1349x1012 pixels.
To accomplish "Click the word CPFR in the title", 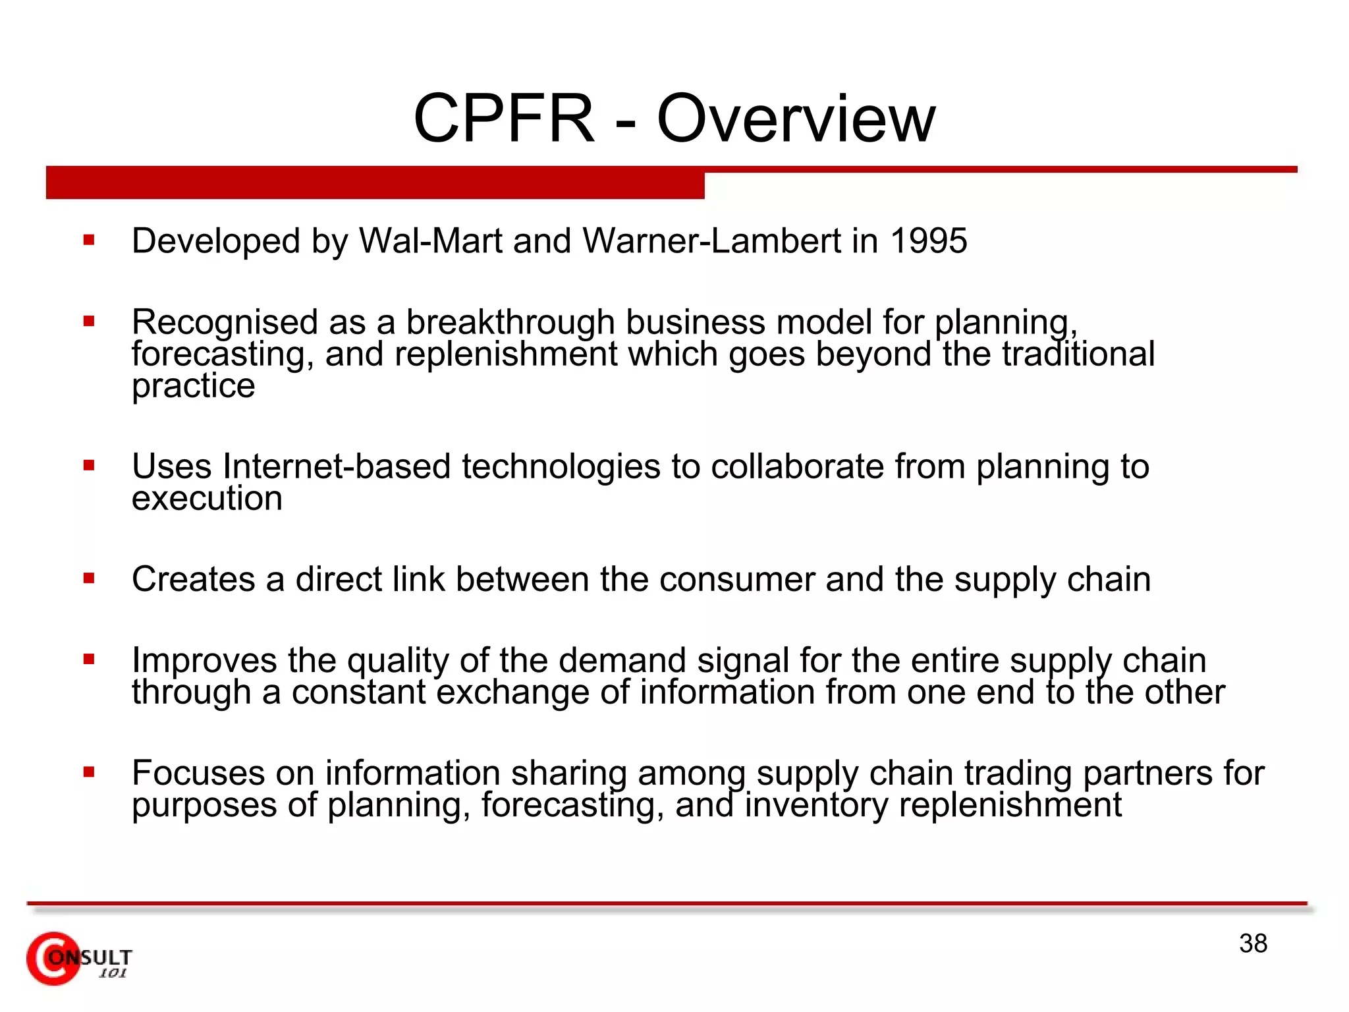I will (504, 119).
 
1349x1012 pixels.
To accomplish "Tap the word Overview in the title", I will (796, 119).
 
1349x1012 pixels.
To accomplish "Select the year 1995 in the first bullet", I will (929, 240).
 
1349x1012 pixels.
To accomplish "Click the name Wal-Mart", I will (431, 240).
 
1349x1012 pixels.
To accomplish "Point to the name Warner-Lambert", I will (711, 240).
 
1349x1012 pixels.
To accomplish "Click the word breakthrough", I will (510, 322).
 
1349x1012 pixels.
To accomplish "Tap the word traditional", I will (1078, 354).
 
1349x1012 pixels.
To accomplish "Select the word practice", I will (193, 386).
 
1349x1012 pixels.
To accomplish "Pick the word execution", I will (207, 498).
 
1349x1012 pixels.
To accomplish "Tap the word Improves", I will (204, 660).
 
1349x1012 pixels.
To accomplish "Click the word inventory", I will (815, 805).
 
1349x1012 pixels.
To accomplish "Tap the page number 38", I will (1253, 943).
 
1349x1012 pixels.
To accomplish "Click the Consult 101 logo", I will (78, 959).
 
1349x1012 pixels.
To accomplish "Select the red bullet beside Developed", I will (89, 240).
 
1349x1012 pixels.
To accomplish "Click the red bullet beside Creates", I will (89, 579).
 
